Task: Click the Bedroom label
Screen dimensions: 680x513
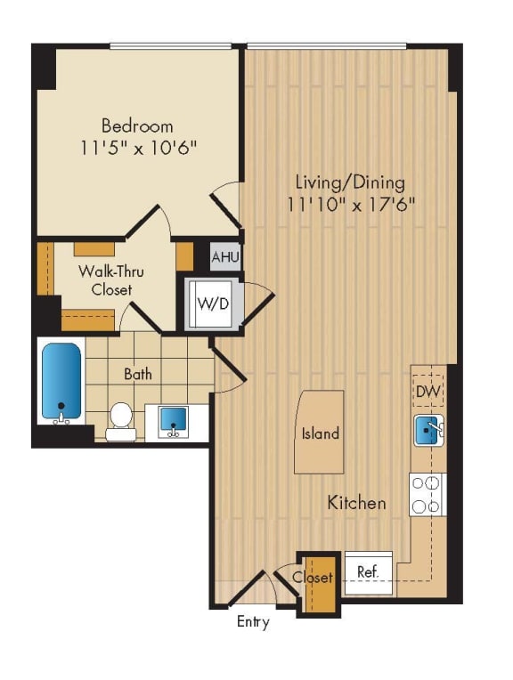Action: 136,125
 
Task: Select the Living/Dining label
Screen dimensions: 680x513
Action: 350,182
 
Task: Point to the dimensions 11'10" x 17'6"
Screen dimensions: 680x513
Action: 351,204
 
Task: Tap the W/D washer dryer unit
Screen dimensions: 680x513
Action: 212,304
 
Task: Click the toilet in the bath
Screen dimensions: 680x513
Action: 120,420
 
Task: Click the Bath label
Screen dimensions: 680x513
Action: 137,374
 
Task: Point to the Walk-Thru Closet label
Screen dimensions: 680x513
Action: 104,279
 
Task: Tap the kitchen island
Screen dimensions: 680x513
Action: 320,433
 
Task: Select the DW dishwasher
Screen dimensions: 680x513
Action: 428,389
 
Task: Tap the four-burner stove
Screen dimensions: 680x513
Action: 427,494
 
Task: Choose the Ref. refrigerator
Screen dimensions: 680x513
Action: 368,571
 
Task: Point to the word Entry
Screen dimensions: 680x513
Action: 253,622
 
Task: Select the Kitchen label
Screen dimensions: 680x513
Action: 356,503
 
